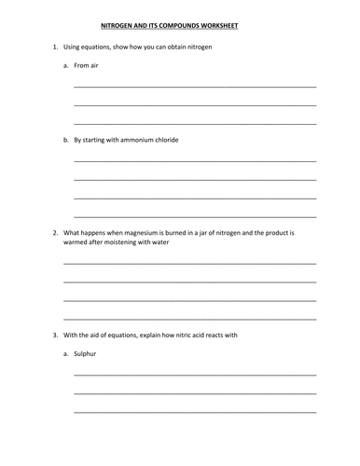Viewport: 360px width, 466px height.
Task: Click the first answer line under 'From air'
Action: point(194,86)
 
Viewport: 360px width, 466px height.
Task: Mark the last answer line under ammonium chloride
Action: point(194,215)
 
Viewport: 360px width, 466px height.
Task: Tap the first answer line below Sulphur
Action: point(194,374)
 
